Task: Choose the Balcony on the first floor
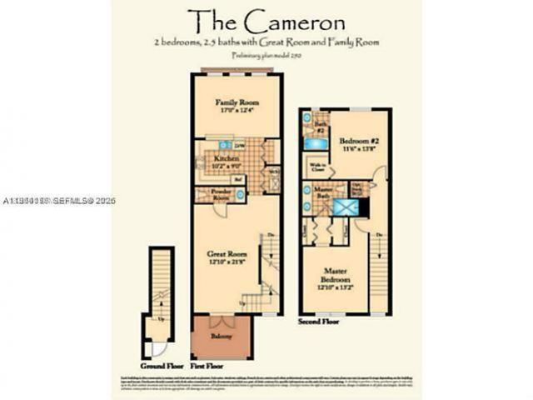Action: click(221, 337)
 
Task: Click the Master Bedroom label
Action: click(335, 282)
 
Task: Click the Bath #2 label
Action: click(320, 127)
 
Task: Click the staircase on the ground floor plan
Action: click(161, 278)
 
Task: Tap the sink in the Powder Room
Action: click(239, 194)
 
